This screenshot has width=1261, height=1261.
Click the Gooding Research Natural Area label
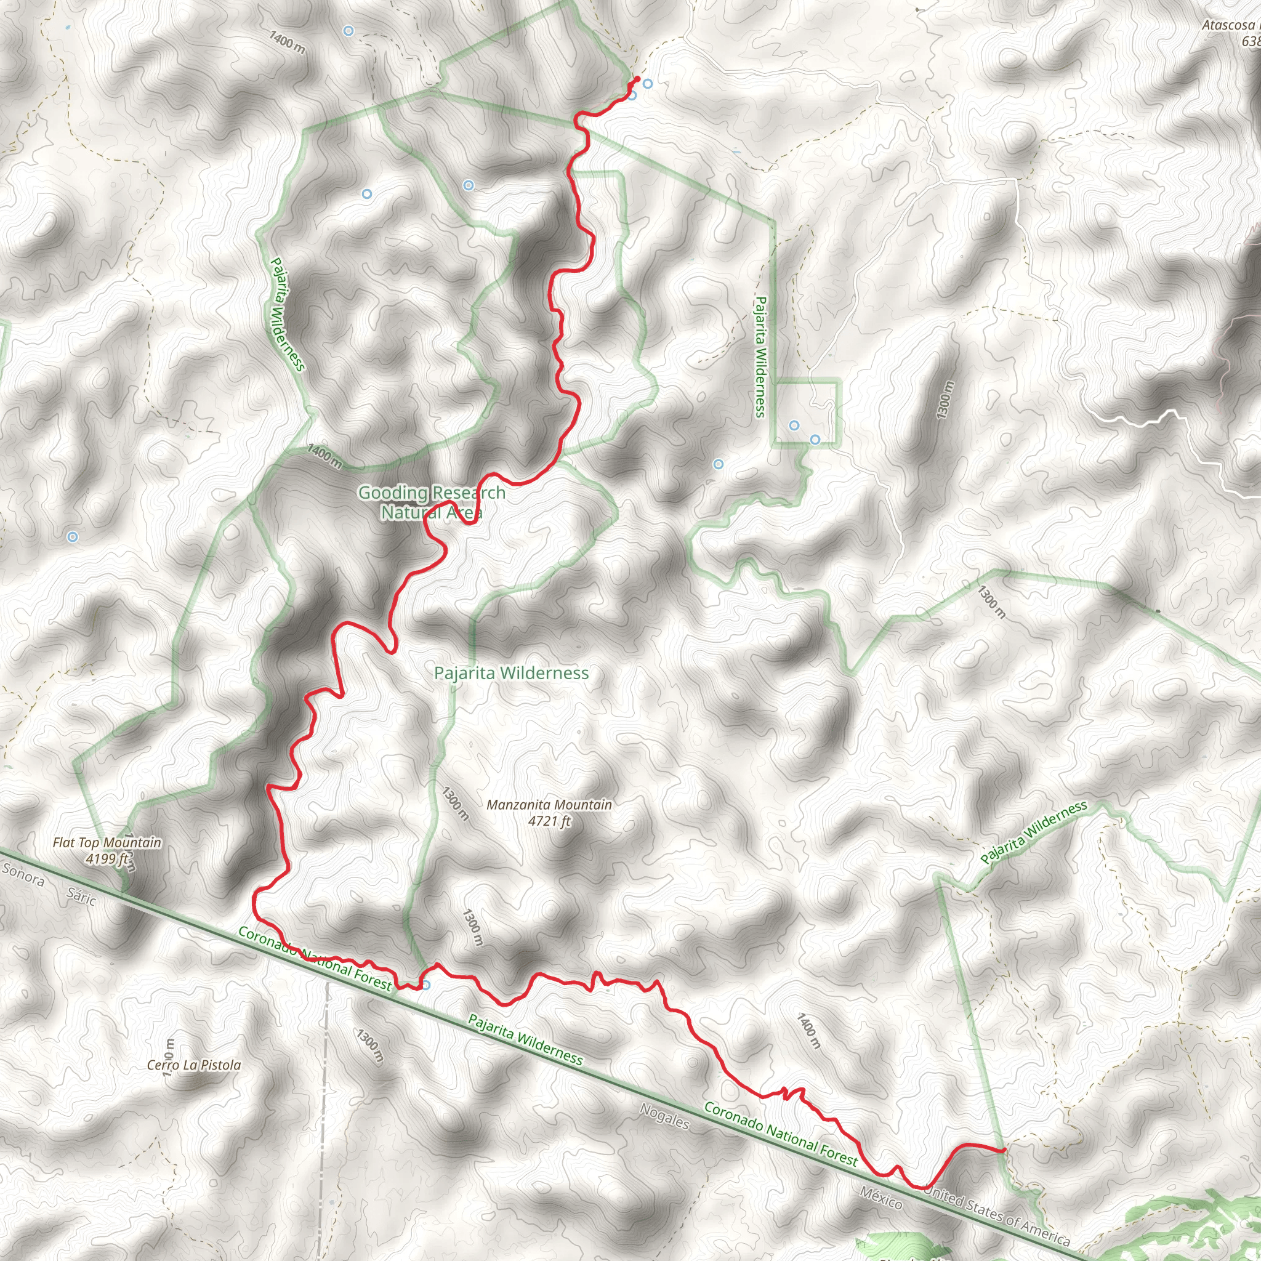tap(432, 502)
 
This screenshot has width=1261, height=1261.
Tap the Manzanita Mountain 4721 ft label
tap(549, 813)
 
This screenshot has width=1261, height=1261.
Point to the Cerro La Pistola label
tap(194, 1065)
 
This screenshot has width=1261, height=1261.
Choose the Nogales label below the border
tap(664, 1116)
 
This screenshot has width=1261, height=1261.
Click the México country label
tap(881, 1198)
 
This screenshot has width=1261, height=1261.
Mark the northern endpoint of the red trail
tap(637, 79)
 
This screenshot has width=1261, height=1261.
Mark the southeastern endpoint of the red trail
tap(1003, 1150)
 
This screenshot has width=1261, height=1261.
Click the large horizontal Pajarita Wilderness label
tap(512, 673)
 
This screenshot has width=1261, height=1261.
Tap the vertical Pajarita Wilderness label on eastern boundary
tap(760, 357)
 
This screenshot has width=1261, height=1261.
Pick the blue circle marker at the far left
tap(73, 536)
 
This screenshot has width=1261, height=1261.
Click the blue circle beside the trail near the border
tap(425, 985)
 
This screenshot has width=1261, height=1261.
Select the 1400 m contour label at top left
tap(286, 42)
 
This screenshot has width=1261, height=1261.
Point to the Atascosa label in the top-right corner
tap(1230, 26)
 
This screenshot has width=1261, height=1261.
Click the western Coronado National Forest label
tap(315, 958)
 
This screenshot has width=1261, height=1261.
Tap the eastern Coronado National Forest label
tap(780, 1133)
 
